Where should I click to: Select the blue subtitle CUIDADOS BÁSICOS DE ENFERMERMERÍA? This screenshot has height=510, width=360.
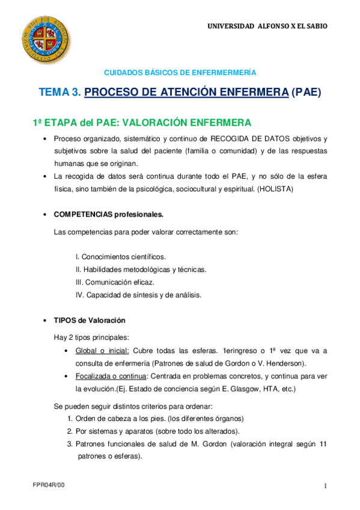pyautogui.click(x=180, y=72)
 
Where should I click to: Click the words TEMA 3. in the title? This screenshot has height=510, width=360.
pyautogui.click(x=59, y=93)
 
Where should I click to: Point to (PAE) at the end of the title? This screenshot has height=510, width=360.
pyautogui.click(x=307, y=93)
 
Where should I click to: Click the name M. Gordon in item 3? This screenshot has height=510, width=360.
pyautogui.click(x=192, y=444)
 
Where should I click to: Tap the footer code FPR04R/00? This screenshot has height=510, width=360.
pyautogui.click(x=48, y=485)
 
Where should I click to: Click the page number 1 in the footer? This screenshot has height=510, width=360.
pyautogui.click(x=325, y=486)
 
